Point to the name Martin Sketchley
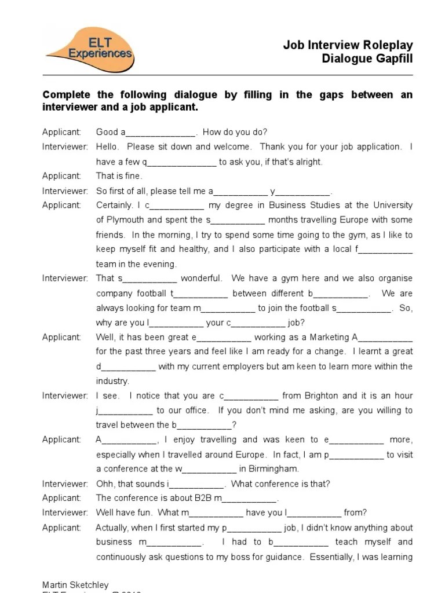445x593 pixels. (x=75, y=585)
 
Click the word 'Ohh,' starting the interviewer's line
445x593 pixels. (x=106, y=484)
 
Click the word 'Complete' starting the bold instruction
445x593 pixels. (x=64, y=95)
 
